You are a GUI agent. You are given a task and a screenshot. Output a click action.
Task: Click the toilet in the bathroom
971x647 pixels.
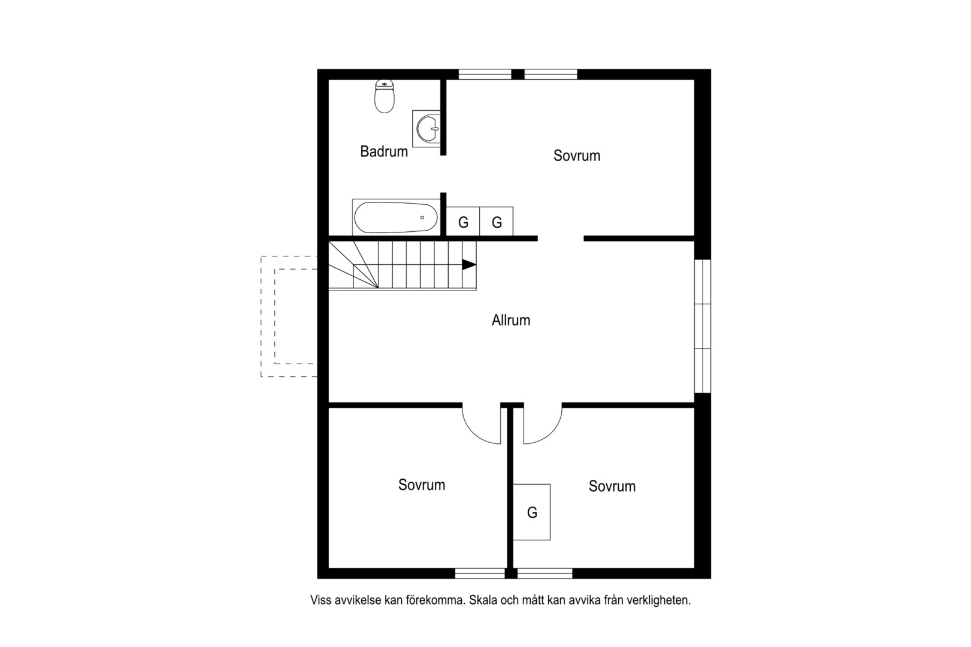[x=385, y=96]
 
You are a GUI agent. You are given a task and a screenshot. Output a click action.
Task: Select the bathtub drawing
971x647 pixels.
[x=396, y=217]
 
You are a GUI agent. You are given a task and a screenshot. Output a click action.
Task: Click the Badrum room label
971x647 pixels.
[x=384, y=152]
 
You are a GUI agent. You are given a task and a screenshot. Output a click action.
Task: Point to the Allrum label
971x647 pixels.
[x=510, y=320]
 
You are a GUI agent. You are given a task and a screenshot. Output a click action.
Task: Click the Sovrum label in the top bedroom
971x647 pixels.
[x=577, y=156]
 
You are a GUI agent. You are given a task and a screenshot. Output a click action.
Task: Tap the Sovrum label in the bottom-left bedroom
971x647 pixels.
[x=422, y=485]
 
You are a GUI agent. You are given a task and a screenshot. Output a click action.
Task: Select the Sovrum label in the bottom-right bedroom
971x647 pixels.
[x=612, y=486]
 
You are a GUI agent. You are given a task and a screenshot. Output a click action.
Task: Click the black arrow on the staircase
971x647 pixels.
[x=469, y=265]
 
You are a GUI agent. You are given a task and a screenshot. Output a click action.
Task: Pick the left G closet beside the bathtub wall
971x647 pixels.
[x=463, y=222]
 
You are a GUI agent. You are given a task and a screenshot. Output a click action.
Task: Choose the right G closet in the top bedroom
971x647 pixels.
[x=497, y=222]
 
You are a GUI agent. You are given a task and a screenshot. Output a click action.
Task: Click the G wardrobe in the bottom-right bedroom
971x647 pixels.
[x=532, y=512]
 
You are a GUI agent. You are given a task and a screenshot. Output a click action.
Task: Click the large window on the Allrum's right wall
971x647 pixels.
[x=703, y=326]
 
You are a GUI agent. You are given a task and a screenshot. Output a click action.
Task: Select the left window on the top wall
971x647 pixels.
[x=485, y=74]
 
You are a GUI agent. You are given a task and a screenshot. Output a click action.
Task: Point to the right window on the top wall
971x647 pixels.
[x=550, y=74]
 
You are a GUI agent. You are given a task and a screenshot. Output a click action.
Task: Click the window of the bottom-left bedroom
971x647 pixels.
[x=480, y=573]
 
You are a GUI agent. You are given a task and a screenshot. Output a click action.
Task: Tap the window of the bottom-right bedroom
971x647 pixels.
[x=545, y=573]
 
